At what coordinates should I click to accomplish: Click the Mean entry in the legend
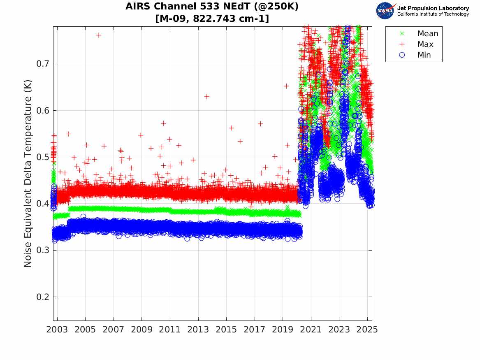coord(427,34)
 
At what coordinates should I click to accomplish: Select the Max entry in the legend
coord(425,44)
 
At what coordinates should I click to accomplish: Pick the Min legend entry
coord(424,55)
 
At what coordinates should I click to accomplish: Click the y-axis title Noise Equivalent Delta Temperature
coord(28,179)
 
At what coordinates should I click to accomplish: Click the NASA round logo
coord(386,11)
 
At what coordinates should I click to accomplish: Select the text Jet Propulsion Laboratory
coord(433,8)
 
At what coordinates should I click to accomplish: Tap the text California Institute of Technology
coord(433,14)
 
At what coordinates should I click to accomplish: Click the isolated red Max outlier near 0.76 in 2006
coord(99,35)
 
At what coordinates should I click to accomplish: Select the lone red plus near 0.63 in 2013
coord(207,96)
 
